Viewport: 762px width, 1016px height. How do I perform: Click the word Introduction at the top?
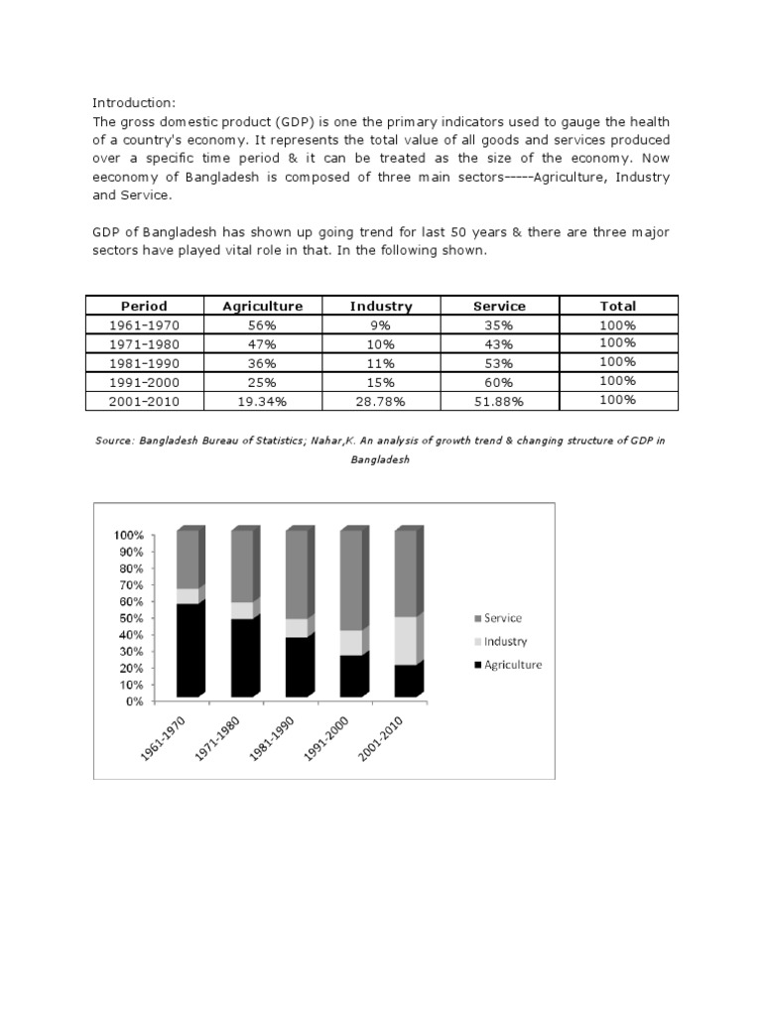(x=133, y=102)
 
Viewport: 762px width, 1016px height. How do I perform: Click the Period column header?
(x=144, y=307)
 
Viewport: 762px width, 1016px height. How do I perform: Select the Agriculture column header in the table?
(x=262, y=307)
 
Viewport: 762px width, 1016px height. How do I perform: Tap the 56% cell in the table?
(x=262, y=325)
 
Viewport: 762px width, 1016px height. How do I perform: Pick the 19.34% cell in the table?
(x=262, y=401)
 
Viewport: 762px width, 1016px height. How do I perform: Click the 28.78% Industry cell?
(x=381, y=401)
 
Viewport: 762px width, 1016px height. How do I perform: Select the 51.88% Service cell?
(x=499, y=401)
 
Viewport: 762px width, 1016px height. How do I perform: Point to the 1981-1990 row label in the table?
(x=144, y=363)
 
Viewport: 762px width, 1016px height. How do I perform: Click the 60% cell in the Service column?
(x=499, y=382)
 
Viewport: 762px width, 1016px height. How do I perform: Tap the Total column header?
(x=618, y=307)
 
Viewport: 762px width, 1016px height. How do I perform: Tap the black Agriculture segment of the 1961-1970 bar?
(x=189, y=650)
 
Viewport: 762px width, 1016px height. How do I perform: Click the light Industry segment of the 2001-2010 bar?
(x=407, y=641)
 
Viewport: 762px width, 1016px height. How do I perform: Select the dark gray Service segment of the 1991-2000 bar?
(x=352, y=580)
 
